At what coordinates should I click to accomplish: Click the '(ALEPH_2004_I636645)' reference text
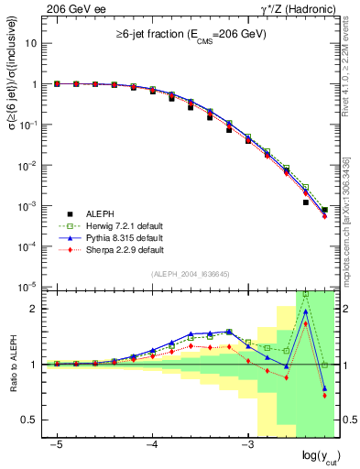190,273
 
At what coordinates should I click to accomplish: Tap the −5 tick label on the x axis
57,442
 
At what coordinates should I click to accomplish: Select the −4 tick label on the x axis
152,442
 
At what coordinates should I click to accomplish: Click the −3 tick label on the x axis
247,442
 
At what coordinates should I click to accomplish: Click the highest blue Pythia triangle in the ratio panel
305,311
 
